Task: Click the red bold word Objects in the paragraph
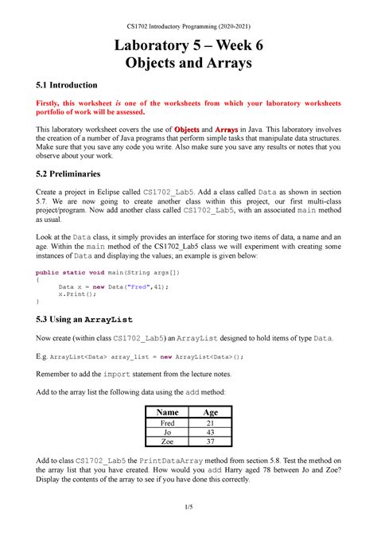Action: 186,130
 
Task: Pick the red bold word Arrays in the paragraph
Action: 227,130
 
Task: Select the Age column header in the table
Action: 211,413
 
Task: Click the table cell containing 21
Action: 211,424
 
